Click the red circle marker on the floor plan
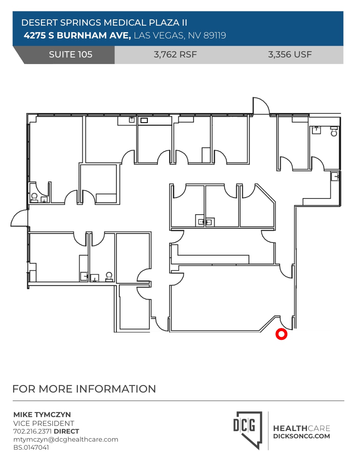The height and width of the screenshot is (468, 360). pos(281,334)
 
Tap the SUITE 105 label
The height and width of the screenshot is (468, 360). pos(71,55)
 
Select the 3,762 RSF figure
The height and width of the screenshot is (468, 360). pos(175,55)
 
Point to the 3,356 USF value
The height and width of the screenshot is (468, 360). pos(290,55)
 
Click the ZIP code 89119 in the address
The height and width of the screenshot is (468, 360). pos(215,36)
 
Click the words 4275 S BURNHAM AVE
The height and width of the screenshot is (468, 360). pos(77,36)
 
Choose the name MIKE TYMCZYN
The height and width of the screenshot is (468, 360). pos(42,415)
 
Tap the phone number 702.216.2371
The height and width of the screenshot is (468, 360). pos(33,431)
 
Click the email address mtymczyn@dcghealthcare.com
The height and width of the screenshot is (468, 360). pos(66,439)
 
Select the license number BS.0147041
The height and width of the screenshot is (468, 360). pos(31,447)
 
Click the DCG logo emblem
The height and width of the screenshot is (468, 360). pos(248,429)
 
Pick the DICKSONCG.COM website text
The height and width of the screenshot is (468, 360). pos(301,436)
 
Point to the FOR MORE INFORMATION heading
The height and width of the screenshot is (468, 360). pos(84,389)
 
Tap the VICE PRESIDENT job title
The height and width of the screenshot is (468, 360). pos(44,423)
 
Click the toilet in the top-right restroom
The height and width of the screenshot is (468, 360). pos(334,132)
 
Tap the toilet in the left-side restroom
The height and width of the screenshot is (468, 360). pos(34,197)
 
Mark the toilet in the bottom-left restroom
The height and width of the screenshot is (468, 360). pos(109,276)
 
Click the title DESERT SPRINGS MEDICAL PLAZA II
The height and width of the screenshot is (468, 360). pos(104,23)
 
